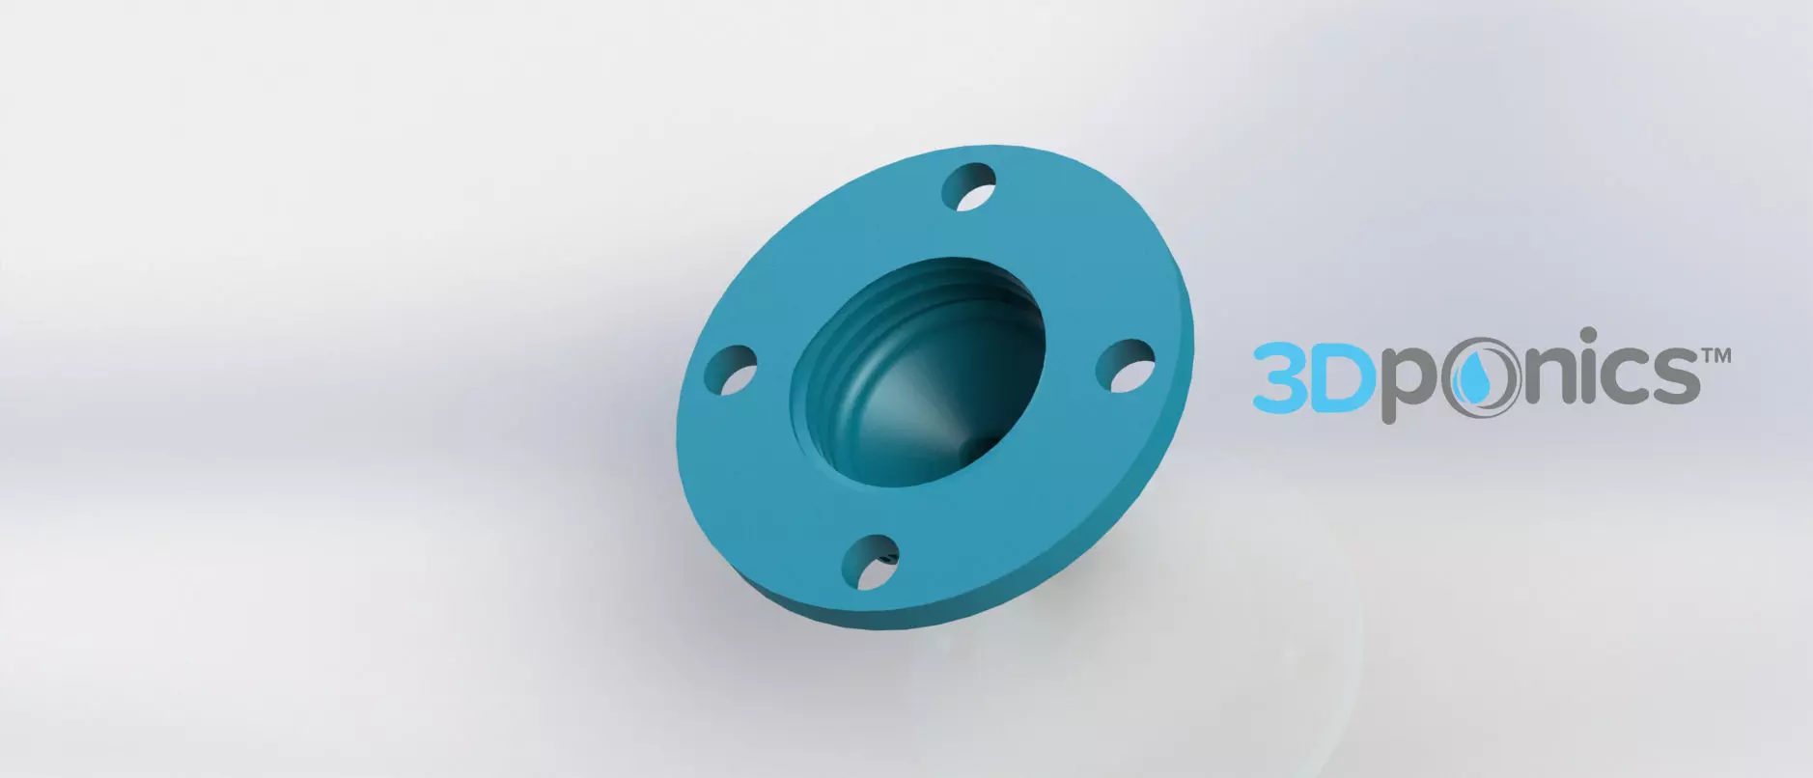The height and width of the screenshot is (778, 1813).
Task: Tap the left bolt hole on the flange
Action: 731,371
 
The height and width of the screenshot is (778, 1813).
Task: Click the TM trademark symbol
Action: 1715,356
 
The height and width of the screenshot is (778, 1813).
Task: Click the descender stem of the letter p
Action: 1390,410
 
